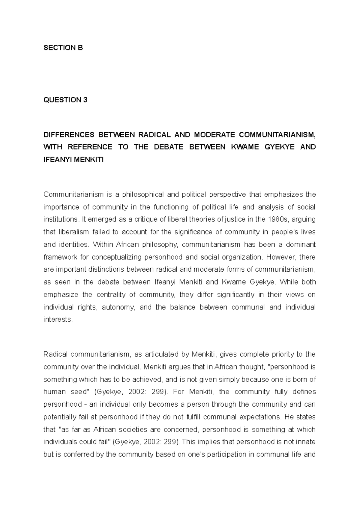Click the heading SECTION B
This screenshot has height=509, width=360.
63,48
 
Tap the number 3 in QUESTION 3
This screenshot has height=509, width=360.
85,100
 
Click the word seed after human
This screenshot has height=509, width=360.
79,392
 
